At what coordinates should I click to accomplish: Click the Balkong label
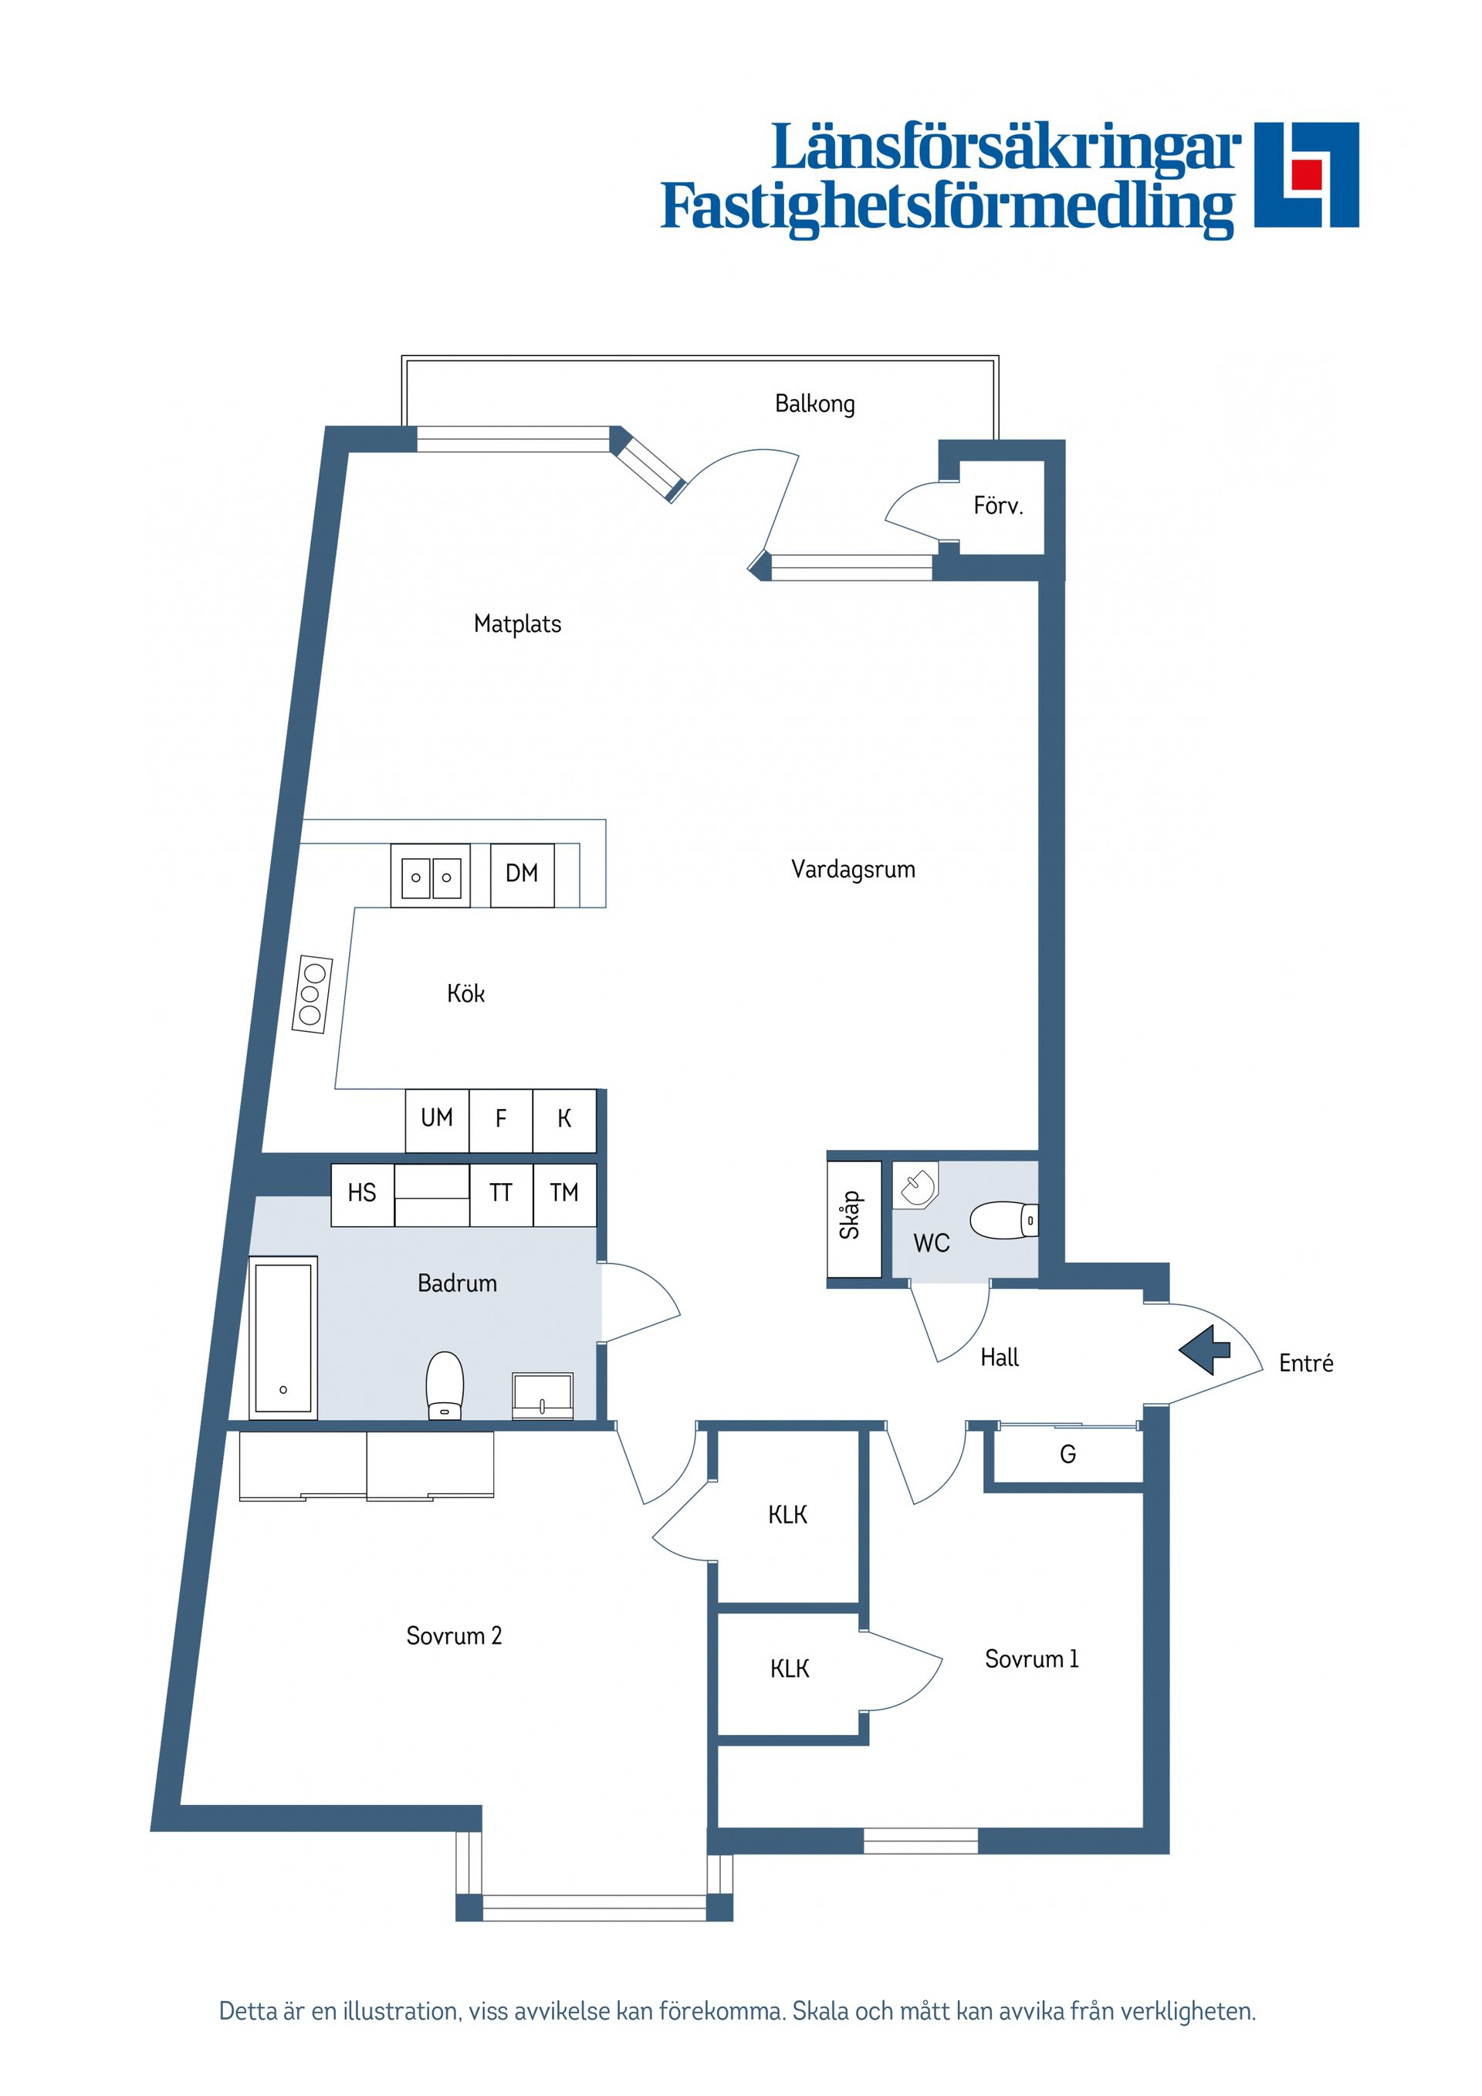point(814,404)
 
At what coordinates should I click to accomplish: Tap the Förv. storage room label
point(998,505)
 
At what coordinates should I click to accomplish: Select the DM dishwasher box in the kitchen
point(521,874)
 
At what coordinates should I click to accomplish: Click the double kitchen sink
point(431,877)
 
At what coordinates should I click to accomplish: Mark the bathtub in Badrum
point(283,1337)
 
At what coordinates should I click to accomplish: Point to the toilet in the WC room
point(1003,1219)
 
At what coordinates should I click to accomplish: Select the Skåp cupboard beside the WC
point(854,1219)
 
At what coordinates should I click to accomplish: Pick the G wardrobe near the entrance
point(1068,1454)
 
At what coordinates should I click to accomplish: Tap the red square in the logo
point(1308,174)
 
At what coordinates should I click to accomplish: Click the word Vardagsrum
point(853,869)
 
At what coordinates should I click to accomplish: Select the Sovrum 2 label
point(454,1635)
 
